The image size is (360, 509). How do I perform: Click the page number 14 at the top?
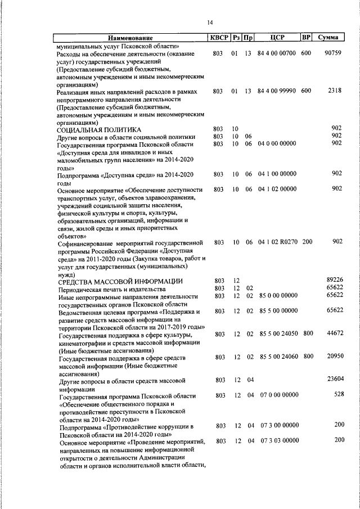[x=209, y=22]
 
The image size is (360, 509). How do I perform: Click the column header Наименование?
[x=130, y=38]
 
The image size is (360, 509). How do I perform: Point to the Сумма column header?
[x=327, y=38]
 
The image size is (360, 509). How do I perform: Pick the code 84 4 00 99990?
[x=276, y=91]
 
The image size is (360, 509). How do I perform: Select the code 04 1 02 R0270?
[x=278, y=242]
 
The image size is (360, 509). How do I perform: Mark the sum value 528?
[x=339, y=395]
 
